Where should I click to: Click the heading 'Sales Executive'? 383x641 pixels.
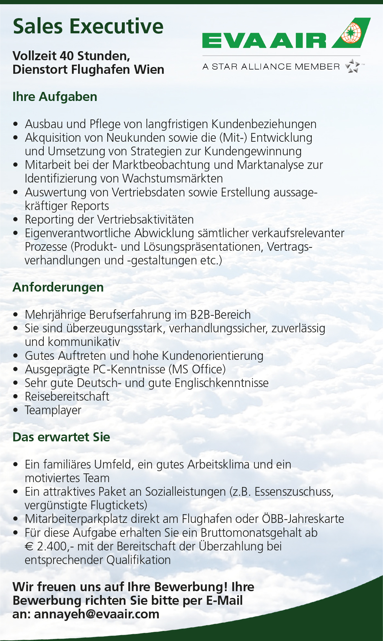click(88, 27)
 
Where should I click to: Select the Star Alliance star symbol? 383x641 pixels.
click(353, 66)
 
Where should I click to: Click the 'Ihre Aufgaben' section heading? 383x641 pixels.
click(55, 97)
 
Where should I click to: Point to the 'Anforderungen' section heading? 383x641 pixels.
click(58, 287)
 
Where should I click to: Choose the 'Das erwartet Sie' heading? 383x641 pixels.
click(61, 437)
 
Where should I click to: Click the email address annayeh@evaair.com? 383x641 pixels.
click(97, 614)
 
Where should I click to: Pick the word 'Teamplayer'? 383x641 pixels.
click(53, 410)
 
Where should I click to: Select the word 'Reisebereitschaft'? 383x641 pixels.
click(67, 397)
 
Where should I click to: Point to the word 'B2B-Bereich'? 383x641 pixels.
click(220, 315)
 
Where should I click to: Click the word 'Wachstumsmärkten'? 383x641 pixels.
click(173, 179)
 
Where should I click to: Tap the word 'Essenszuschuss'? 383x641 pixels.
click(293, 492)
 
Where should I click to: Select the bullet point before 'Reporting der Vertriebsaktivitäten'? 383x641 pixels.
click(16, 220)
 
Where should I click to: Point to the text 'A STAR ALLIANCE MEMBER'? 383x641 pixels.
click(271, 67)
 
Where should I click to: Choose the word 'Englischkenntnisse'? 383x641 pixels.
click(222, 383)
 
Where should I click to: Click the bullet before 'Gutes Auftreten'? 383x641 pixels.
click(16, 356)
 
